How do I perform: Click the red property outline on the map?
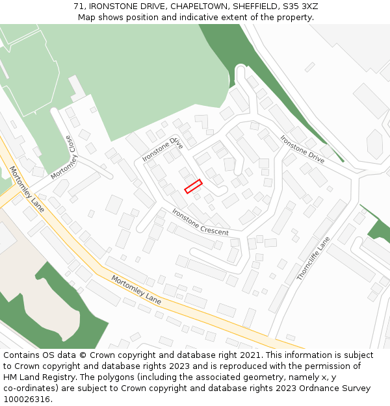[193, 186]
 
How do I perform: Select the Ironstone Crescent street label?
[200, 222]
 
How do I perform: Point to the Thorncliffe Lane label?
[313, 259]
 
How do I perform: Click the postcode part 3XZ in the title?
[308, 6]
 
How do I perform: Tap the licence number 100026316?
[27, 400]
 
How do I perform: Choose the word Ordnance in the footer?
[309, 388]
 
